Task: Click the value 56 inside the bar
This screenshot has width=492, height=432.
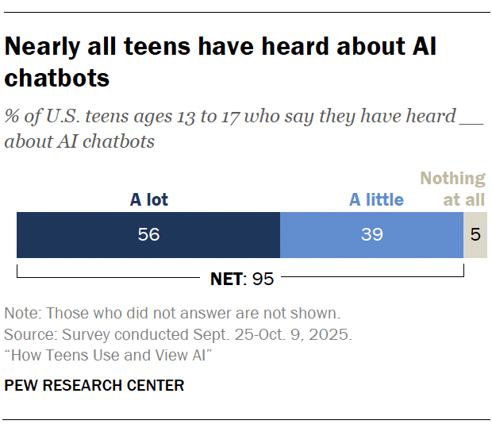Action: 148,235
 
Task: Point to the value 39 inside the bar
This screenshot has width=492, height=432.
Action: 372,235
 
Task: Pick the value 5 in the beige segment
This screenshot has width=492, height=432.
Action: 475,235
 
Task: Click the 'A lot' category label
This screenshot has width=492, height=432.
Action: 148,199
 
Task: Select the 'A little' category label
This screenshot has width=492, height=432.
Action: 376,199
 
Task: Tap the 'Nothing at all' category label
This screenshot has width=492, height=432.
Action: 453,189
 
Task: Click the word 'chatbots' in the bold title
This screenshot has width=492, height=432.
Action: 56,79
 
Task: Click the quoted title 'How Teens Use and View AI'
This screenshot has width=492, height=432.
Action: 106,355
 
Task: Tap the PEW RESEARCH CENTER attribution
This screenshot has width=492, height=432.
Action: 94,386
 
